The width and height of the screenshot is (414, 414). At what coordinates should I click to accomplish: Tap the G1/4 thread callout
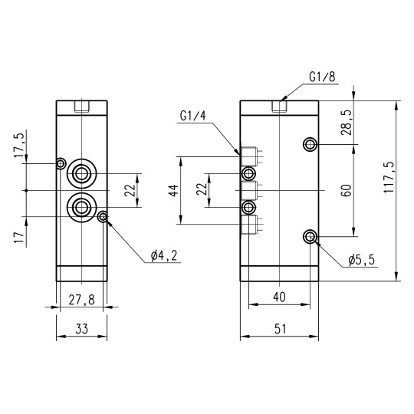pos(192,116)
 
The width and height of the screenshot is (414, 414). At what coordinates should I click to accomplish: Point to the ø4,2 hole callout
pos(163,255)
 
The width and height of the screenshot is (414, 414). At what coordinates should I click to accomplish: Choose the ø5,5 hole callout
pos(360,261)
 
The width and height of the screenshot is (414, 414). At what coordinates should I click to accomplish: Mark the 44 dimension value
pos(174,190)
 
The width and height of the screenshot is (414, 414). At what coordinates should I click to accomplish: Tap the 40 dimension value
pos(280,297)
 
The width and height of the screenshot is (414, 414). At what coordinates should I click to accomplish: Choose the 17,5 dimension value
pos(19,146)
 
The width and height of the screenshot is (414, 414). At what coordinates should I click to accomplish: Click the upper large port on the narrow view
pos(81,174)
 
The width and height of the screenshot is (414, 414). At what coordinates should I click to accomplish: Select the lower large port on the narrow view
pos(81,205)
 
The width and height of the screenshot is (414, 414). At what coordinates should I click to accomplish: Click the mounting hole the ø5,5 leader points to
pos(310,236)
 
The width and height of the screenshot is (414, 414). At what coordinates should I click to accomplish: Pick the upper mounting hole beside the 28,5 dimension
pos(310,144)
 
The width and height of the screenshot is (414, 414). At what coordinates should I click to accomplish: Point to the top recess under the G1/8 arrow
pos(280,105)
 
